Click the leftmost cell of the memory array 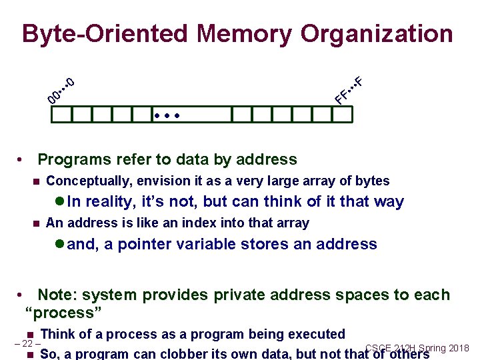[x=61, y=115]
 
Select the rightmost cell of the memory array [x=341, y=115]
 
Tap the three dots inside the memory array [x=167, y=116]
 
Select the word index [x=190, y=223]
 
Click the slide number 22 [x=27, y=344]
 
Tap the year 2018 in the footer [x=459, y=348]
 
